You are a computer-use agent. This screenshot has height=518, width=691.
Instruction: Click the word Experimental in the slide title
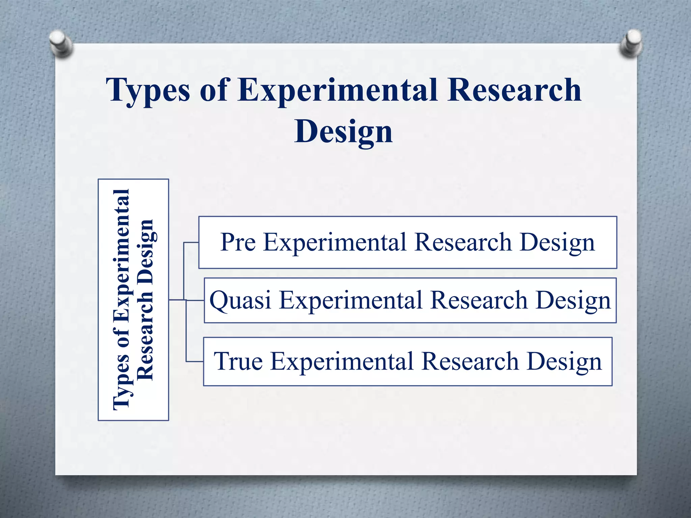tap(338, 90)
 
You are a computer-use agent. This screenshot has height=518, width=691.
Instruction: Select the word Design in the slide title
tap(343, 132)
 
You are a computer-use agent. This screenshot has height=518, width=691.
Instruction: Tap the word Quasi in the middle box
tap(240, 300)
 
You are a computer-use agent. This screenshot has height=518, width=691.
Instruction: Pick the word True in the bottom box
tap(238, 361)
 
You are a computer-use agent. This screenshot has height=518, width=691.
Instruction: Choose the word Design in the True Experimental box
tap(564, 362)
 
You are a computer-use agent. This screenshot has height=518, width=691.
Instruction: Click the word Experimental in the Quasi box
tap(351, 300)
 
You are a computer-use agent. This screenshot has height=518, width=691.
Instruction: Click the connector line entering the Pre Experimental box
tap(191, 242)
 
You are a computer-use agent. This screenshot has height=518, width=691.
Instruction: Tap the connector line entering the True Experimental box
tap(195, 362)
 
